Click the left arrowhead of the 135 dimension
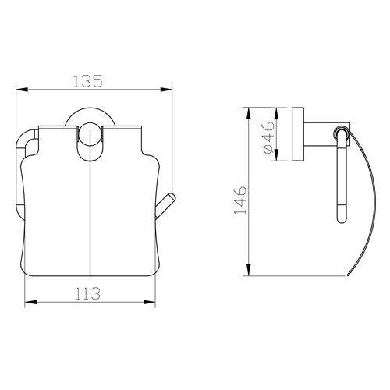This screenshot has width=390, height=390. (19, 89)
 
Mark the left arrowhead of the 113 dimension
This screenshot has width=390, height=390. (30, 302)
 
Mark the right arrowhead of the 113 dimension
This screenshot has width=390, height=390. (155, 302)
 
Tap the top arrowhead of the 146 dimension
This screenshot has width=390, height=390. (248, 109)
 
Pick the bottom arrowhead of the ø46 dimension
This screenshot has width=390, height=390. (275, 160)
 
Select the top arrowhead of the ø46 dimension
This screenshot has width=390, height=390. (275, 109)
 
